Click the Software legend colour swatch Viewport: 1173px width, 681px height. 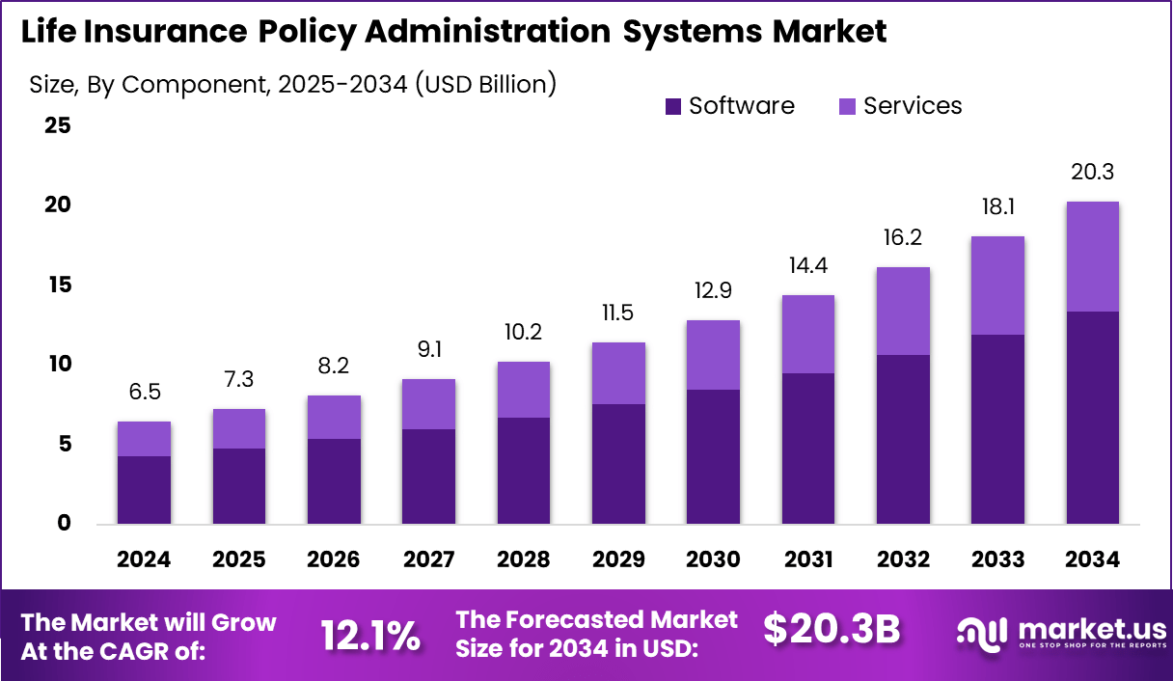pyautogui.click(x=673, y=106)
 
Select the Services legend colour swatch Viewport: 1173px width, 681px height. pyautogui.click(x=847, y=106)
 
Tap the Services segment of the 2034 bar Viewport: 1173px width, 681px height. pyautogui.click(x=1092, y=257)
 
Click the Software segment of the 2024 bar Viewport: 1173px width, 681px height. pyautogui.click(x=144, y=490)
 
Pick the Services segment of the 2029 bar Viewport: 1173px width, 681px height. pyautogui.click(x=618, y=373)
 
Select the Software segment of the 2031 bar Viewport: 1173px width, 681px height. pyautogui.click(x=808, y=449)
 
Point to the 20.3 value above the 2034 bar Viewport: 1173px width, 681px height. pyautogui.click(x=1093, y=173)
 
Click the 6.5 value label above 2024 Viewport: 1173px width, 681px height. pyautogui.click(x=144, y=393)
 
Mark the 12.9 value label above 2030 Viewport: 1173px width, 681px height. pyautogui.click(x=713, y=291)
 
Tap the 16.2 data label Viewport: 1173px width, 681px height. pyautogui.click(x=903, y=238)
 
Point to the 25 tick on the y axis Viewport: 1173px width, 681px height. pyautogui.click(x=58, y=125)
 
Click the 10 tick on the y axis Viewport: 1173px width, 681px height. pyautogui.click(x=58, y=365)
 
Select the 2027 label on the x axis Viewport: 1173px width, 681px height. pyautogui.click(x=428, y=560)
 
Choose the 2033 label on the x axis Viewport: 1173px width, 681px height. pyautogui.click(x=997, y=560)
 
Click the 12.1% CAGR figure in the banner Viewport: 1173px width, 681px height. pyautogui.click(x=370, y=636)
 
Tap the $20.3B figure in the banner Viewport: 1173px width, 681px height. pyautogui.click(x=832, y=630)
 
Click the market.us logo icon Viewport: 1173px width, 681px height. pyautogui.click(x=982, y=633)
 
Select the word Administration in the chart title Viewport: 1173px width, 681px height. pyautogui.click(x=483, y=32)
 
